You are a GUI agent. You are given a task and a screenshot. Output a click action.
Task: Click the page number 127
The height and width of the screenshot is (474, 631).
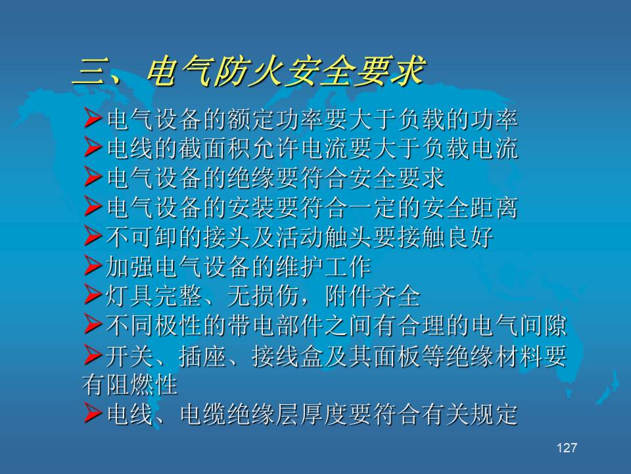567,448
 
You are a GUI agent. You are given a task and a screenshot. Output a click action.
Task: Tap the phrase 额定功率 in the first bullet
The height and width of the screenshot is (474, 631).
275,119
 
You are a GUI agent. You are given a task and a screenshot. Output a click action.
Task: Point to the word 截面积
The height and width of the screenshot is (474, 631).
216,148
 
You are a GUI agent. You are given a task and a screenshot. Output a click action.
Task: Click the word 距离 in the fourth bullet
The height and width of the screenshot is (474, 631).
493,207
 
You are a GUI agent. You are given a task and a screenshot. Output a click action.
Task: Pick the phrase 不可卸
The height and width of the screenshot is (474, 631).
142,237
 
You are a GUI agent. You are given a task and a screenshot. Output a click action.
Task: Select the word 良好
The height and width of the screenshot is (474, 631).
469,237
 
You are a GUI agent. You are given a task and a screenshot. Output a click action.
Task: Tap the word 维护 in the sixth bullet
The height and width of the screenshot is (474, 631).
300,267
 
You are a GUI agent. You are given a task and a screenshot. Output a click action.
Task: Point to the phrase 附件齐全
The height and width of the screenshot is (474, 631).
372,296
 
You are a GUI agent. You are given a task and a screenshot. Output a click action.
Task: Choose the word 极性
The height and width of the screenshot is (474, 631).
178,326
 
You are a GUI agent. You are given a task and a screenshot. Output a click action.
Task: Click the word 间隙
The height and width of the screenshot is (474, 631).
543,326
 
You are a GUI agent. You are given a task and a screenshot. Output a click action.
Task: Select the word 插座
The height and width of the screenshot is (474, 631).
202,356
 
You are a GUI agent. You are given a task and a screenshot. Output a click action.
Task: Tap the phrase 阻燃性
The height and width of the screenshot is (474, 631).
142,385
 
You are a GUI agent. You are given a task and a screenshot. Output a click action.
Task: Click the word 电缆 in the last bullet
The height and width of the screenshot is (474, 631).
203,414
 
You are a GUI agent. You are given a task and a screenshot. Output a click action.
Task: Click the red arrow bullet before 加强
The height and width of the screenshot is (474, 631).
93,266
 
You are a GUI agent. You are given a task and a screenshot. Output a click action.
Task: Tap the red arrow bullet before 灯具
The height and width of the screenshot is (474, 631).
93,296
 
